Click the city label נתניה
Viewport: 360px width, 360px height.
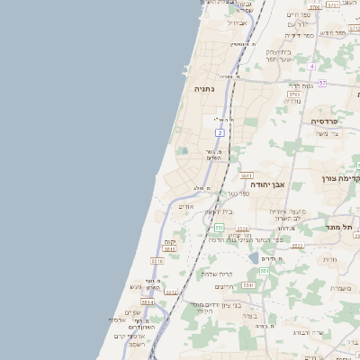(203, 89)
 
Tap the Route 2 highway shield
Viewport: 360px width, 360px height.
(219, 132)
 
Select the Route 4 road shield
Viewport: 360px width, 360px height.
(311, 67)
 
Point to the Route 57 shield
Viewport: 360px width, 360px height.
(322, 83)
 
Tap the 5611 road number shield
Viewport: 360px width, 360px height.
(247, 176)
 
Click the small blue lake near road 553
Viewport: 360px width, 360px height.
(266, 257)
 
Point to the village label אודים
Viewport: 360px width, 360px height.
(186, 206)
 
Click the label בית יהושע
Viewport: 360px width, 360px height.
(219, 212)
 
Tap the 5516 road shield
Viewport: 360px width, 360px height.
(157, 260)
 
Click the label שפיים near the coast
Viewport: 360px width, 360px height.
(132, 311)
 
